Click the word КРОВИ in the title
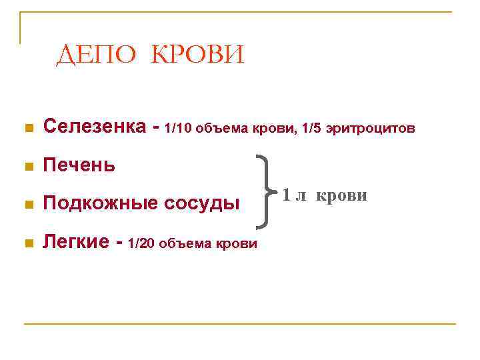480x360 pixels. (x=199, y=55)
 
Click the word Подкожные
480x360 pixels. (x=101, y=203)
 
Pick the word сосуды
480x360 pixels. (x=203, y=203)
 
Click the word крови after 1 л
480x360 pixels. (x=341, y=195)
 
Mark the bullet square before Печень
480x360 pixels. (x=27, y=166)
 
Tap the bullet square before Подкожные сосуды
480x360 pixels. (x=27, y=205)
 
